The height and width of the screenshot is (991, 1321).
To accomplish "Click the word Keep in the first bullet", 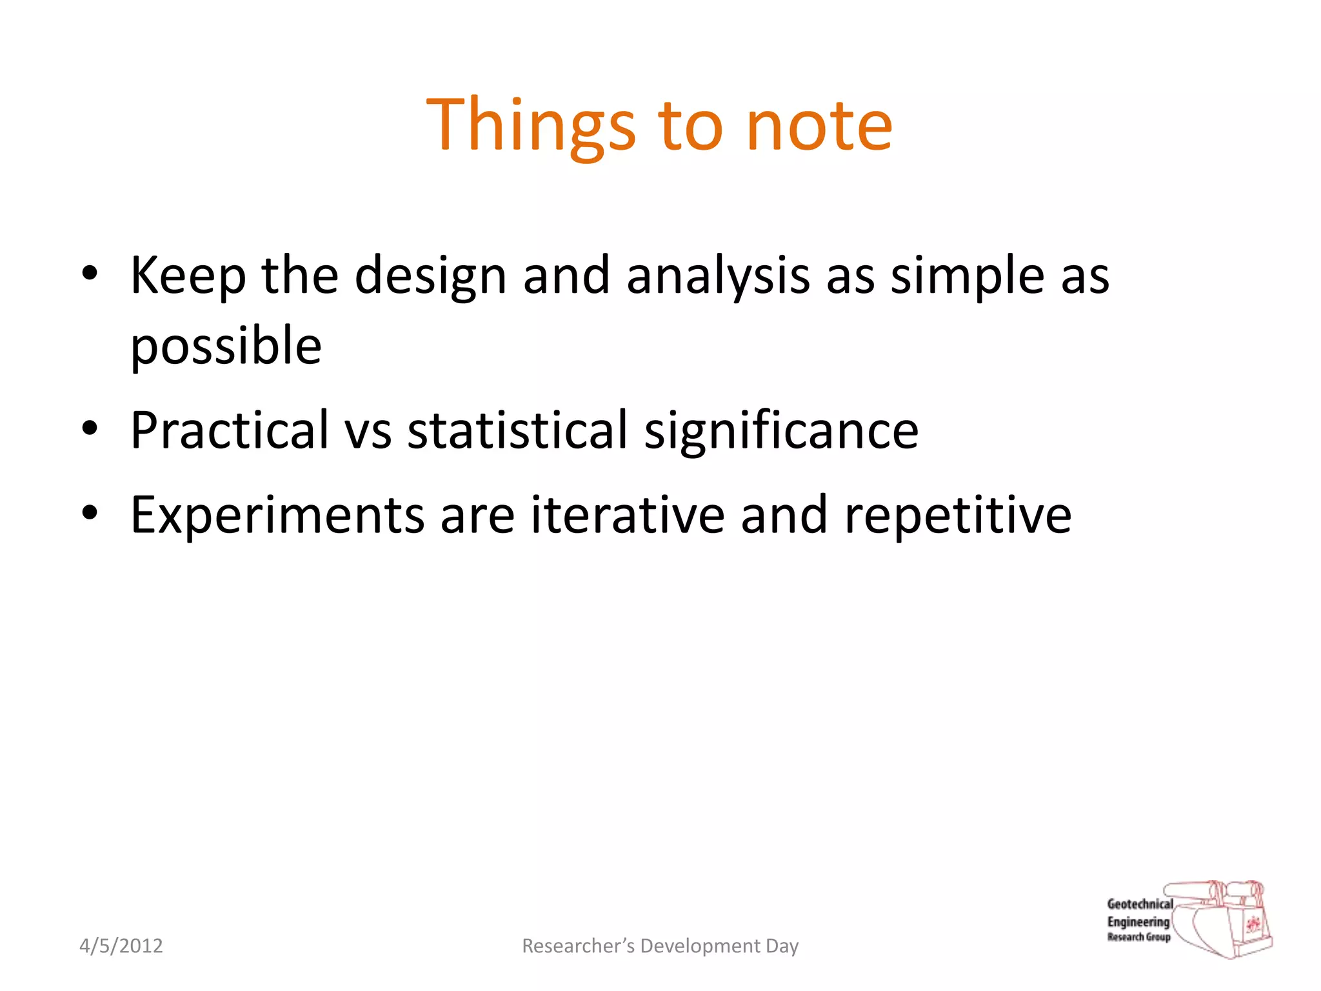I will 188,275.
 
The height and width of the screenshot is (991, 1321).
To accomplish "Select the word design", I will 430,275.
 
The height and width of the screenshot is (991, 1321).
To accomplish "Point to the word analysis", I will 718,275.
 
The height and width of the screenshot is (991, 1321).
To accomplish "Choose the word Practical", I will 230,430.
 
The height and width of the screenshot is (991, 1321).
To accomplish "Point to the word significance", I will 781,430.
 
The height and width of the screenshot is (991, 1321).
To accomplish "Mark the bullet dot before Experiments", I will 90,512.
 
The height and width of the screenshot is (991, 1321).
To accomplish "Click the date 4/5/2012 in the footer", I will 121,946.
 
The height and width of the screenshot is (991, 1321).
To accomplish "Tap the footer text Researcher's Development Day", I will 660,946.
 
